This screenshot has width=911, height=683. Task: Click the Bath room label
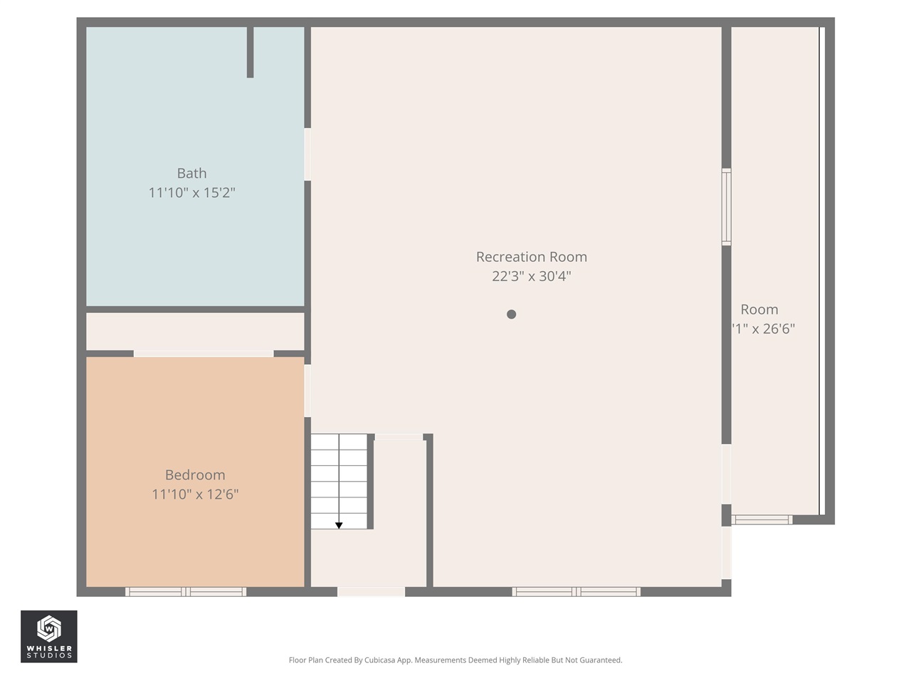(191, 173)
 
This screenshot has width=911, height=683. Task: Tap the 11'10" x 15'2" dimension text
(191, 193)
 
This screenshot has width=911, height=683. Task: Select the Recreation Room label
(531, 257)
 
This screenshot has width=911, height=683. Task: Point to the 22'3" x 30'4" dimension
(531, 276)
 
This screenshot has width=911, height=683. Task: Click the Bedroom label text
(195, 475)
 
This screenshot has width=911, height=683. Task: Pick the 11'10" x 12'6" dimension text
(195, 494)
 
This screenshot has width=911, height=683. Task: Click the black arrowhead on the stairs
(339, 526)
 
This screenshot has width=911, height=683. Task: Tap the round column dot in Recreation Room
(511, 314)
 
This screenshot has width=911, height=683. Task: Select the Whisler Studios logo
(48, 636)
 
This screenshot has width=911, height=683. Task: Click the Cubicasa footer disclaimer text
(455, 660)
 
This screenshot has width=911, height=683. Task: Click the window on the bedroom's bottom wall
(186, 591)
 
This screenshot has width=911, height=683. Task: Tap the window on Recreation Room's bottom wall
(576, 591)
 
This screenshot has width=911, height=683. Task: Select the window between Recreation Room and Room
(726, 207)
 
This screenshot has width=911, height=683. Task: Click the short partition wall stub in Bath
(250, 52)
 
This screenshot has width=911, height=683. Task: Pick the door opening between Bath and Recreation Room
(307, 154)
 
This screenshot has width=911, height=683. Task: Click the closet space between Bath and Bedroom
(195, 332)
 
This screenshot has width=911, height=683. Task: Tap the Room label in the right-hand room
(759, 309)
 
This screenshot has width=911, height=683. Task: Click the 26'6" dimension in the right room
(763, 329)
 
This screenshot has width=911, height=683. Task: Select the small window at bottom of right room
(762, 520)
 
